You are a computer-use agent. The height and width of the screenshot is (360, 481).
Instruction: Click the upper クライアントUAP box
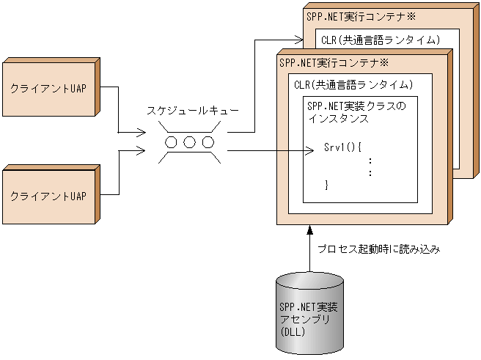point(48,87)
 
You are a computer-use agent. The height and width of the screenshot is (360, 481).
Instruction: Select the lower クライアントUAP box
point(48,196)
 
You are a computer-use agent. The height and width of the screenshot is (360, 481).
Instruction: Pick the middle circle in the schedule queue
point(189,142)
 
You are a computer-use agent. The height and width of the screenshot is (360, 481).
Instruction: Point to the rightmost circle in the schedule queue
point(208,142)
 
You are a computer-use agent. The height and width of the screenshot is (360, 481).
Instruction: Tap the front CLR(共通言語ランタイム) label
point(353,85)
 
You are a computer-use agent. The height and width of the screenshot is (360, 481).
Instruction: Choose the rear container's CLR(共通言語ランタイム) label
point(381,38)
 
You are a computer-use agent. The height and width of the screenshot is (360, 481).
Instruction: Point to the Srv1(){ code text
point(343,147)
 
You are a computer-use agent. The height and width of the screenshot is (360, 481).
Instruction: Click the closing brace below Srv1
point(327,185)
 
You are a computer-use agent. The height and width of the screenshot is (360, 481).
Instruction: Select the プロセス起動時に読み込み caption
point(378,249)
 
